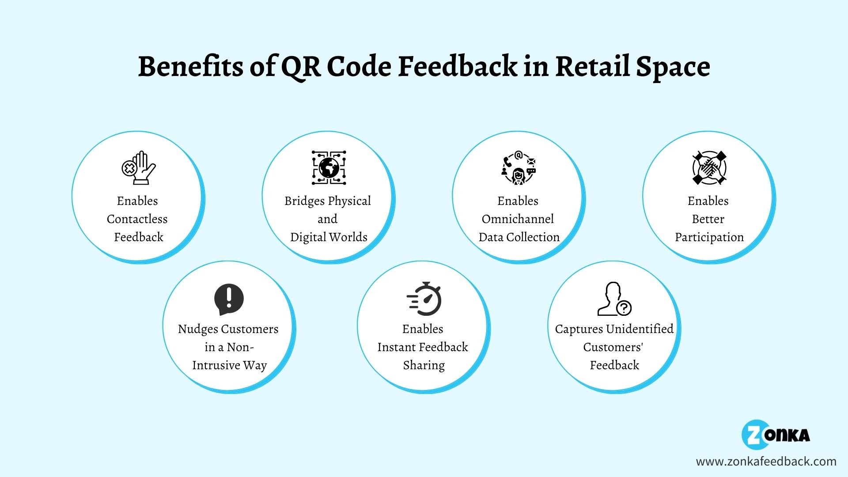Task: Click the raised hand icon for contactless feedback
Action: pos(139,167)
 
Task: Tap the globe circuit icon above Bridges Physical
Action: pos(329,167)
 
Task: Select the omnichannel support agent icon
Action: pos(519,167)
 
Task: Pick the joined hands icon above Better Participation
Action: pos(709,167)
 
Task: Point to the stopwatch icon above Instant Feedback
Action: pos(424,299)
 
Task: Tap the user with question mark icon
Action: pos(614,299)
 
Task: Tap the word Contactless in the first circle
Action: pos(137,219)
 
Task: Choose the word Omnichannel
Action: pos(518,219)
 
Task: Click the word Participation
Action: pos(709,237)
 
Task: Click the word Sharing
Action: pos(424,365)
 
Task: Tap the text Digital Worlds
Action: pos(329,237)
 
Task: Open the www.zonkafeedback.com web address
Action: pos(766,462)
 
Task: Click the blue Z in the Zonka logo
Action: pos(753,435)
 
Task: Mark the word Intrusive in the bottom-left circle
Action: pos(216,365)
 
